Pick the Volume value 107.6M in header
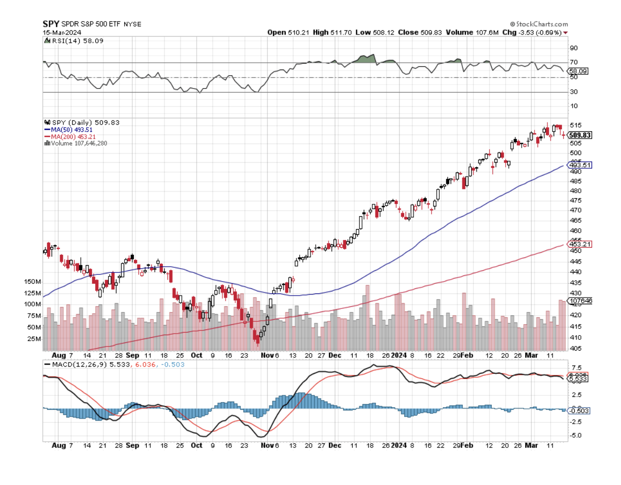[487, 32]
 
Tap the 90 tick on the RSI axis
[573, 48]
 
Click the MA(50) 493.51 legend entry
[74, 130]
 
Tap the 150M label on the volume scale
[32, 282]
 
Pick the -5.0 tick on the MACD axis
[576, 435]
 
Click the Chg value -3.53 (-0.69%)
[536, 32]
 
